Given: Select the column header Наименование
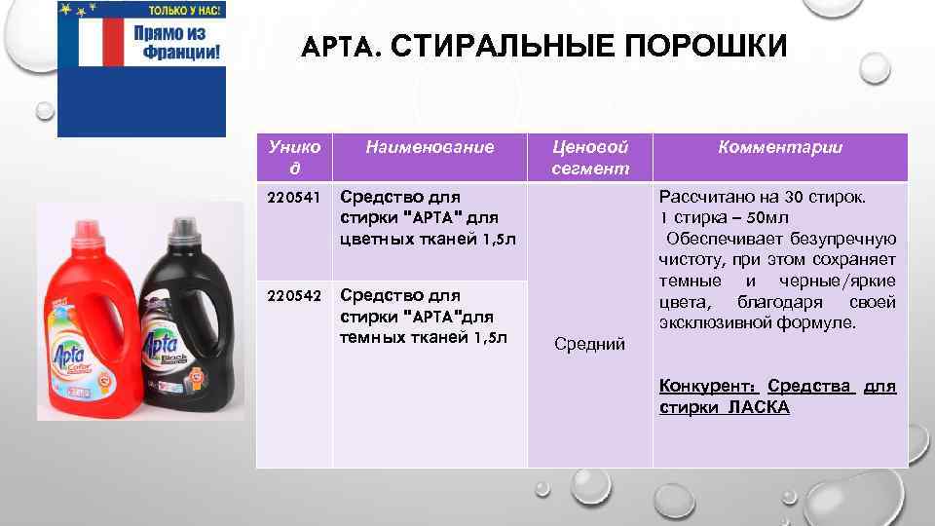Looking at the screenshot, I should point(430,147).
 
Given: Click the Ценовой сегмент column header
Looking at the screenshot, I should point(589,157).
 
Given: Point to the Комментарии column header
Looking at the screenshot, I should point(779,147).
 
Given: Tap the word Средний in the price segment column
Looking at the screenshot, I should point(589,343).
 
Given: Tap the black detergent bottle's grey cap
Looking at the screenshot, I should point(183,230).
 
